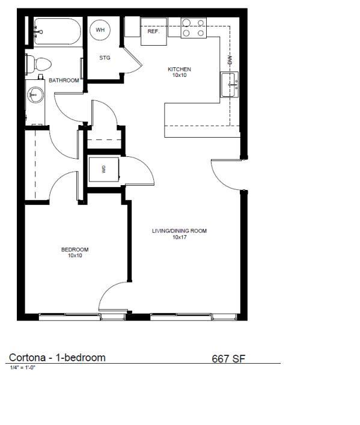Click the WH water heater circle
[100, 29]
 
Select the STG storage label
[105, 58]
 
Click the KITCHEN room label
[179, 70]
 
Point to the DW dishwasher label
[230, 60]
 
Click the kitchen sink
[230, 85]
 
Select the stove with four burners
[194, 28]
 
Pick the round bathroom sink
[35, 94]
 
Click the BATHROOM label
[64, 80]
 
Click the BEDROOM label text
[75, 249]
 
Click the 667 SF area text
[228, 359]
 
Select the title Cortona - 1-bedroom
[57, 358]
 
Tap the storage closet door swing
[131, 60]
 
